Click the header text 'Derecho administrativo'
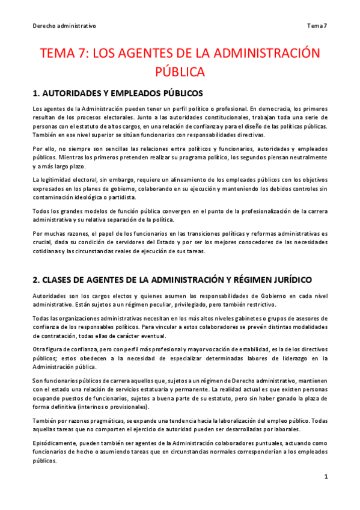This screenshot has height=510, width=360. point(64,26)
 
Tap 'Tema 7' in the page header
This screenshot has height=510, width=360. point(317,26)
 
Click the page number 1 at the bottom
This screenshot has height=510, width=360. point(325,476)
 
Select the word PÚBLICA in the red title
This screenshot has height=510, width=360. point(180,72)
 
